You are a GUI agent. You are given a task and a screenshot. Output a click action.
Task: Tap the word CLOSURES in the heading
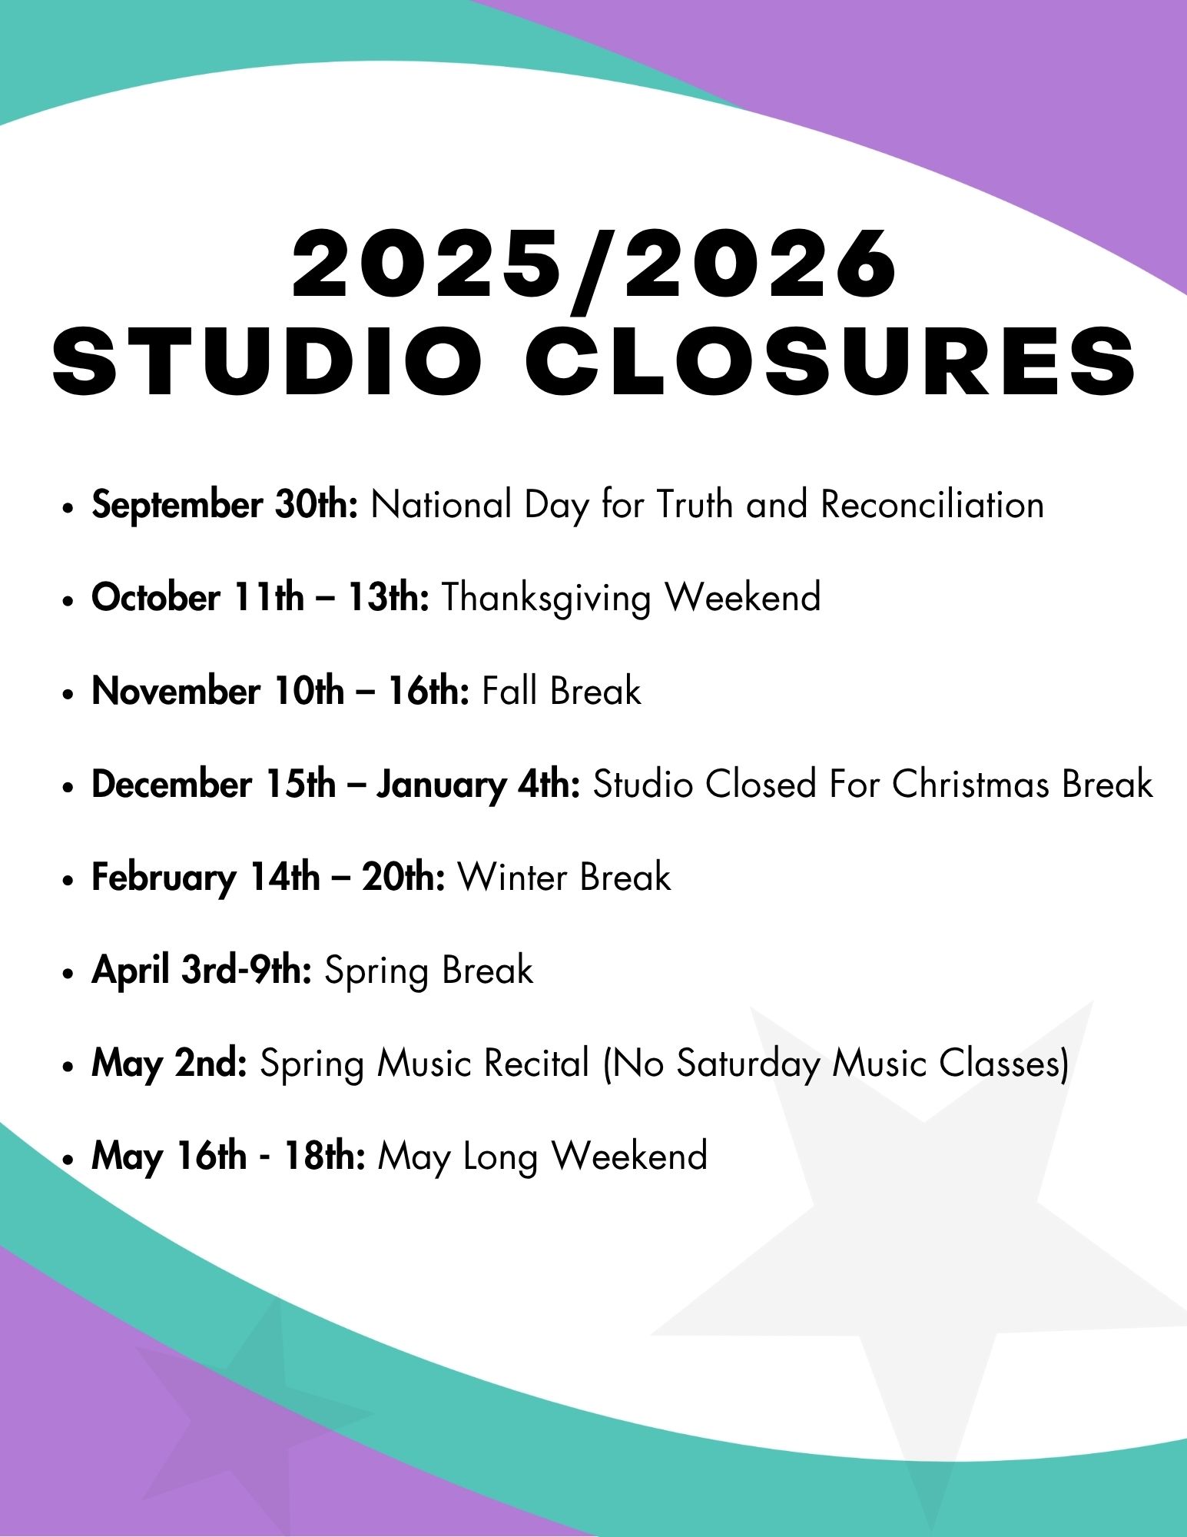831,360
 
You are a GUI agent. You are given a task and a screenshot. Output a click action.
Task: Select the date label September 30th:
225,506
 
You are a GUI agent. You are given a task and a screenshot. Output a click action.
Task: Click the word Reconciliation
933,505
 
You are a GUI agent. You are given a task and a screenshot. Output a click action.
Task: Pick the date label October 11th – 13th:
260,598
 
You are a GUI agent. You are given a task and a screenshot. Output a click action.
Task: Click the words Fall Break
562,690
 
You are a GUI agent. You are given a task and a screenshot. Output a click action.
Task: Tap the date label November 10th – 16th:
281,691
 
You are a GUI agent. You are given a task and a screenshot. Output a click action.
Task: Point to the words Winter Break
565,877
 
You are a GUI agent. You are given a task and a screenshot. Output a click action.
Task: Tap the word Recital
537,1064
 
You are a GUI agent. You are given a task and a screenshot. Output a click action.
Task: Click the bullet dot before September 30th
69,509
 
